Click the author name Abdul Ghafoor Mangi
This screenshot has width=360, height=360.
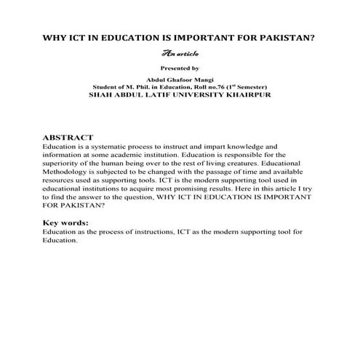pyautogui.click(x=180, y=80)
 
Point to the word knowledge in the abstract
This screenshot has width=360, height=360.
pyautogui.click(x=232, y=146)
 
